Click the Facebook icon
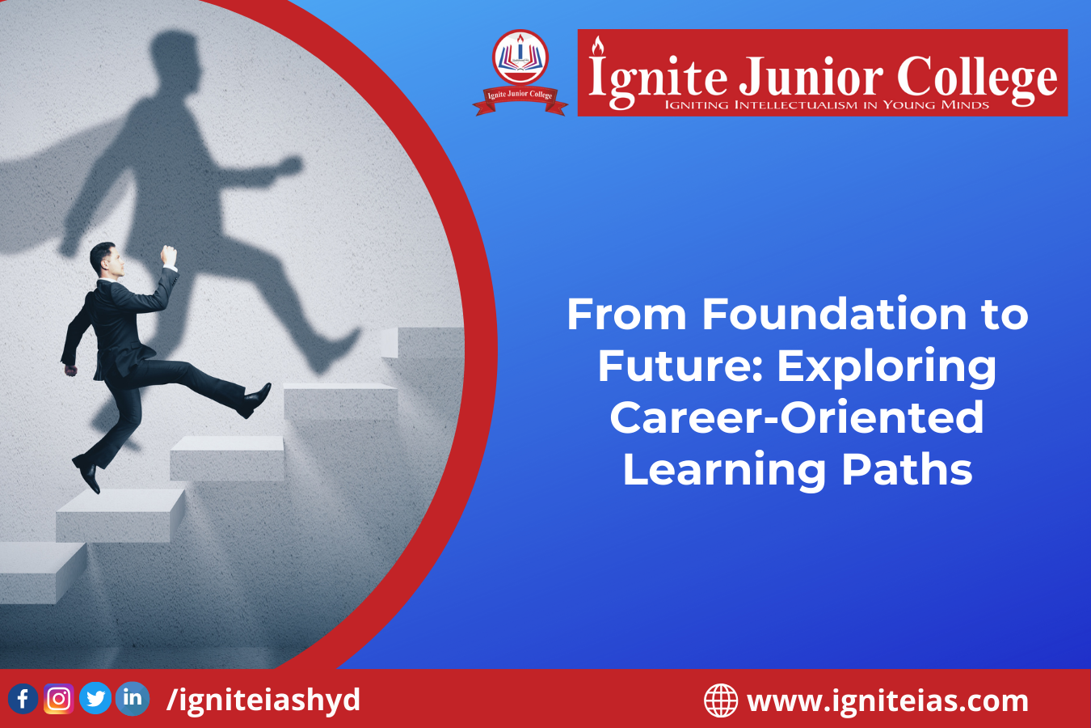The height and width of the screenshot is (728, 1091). (x=23, y=699)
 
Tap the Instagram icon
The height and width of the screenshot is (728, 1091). (x=59, y=699)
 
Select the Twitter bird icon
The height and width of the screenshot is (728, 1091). (x=95, y=698)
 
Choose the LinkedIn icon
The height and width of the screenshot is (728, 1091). (x=133, y=699)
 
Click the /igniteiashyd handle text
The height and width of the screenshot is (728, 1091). (x=263, y=700)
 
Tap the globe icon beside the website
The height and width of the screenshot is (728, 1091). (x=721, y=700)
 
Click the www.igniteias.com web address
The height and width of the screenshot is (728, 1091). (x=888, y=700)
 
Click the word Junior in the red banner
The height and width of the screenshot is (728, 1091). (x=811, y=77)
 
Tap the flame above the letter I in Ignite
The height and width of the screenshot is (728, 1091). (x=597, y=46)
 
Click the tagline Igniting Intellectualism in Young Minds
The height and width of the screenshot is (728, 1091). (x=827, y=105)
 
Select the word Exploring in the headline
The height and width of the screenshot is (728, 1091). (x=887, y=368)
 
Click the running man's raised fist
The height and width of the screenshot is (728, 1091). (x=169, y=255)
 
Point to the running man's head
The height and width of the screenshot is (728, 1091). (x=106, y=260)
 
